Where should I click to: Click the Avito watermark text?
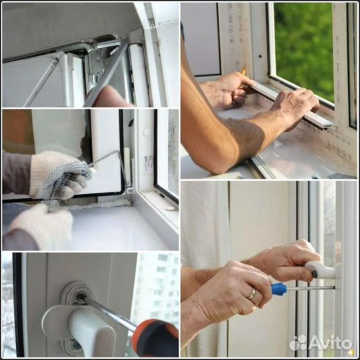(x=330, y=343)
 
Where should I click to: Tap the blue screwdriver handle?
(x=279, y=289)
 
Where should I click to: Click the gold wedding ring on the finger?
(x=252, y=293)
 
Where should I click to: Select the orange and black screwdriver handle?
(x=155, y=337)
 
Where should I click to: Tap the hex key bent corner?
(x=118, y=151)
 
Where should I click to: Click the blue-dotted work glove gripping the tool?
(x=60, y=175)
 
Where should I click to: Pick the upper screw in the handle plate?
(x=81, y=297)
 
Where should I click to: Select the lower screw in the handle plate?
(x=75, y=345)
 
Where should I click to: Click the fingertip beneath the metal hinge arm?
(x=110, y=97)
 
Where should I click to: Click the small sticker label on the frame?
(x=148, y=163)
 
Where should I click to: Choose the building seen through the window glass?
(x=158, y=289)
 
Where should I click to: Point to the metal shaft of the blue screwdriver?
(x=311, y=288)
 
